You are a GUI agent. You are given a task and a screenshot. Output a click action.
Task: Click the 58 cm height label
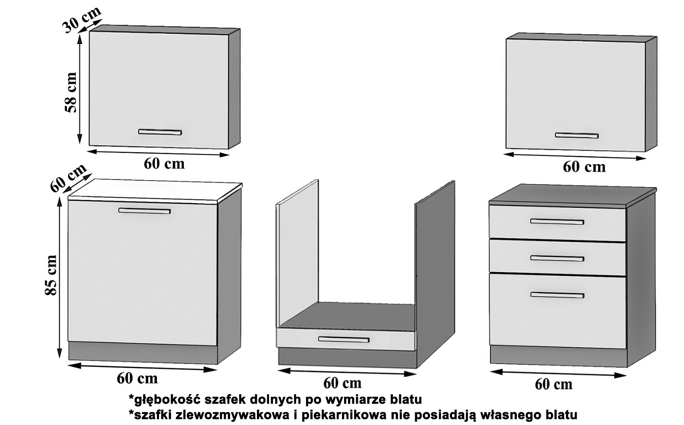71,92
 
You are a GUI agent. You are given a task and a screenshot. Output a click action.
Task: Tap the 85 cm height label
51,275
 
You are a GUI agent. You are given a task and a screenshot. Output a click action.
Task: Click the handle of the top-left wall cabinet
160,132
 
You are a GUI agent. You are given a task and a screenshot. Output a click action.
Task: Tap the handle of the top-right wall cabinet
577,135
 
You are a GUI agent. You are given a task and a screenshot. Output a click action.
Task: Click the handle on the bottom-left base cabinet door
144,211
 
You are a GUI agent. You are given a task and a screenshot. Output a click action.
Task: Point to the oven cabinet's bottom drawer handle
344,339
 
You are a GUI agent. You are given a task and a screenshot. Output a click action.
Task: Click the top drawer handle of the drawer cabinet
557,222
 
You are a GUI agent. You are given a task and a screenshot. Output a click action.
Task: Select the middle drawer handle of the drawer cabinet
557,258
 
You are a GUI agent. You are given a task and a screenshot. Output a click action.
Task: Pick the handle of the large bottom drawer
557,295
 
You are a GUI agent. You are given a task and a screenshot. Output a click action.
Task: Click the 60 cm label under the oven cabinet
342,383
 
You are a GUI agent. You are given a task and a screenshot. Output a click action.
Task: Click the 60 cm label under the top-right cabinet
584,167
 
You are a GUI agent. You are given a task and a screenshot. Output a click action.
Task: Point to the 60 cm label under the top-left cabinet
164,164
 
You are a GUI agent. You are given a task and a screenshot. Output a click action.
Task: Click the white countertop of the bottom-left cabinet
155,191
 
